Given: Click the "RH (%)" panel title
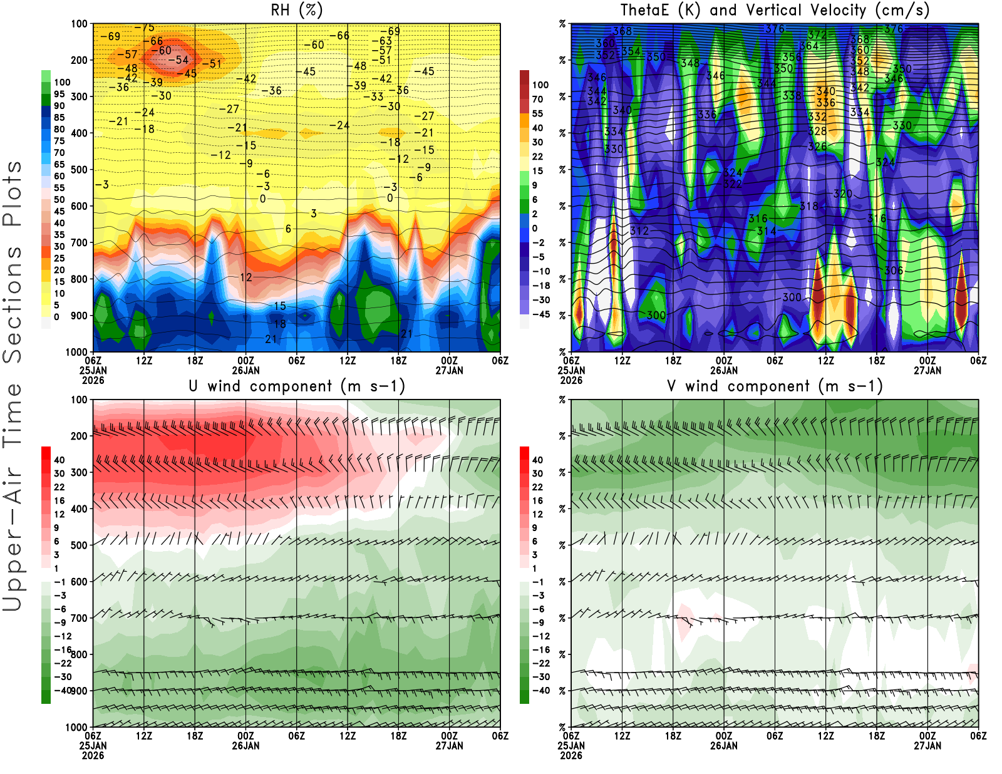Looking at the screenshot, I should coord(297,10).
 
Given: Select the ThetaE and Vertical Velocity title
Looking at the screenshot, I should coord(775,10).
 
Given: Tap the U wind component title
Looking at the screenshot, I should coord(297,386).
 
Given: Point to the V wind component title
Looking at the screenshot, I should coord(775,386).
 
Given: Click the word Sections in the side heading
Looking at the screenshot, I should coord(13,304).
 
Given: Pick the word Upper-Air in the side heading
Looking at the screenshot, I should coord(13,539).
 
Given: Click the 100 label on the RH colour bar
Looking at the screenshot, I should coord(62,82).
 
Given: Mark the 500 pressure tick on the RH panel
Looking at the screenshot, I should coord(79,169).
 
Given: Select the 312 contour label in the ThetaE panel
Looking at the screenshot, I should coord(639,230).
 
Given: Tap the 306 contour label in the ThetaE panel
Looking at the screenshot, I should coord(894,271).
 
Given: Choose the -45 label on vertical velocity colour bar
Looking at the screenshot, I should coord(541,314).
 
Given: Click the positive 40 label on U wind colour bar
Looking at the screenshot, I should coord(59,460).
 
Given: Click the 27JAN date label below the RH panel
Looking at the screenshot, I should coord(449,370).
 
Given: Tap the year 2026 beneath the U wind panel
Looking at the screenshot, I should coord(93,755).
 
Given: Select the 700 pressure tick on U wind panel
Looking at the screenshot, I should coord(79,618).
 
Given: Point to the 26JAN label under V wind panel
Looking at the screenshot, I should coord(724,746).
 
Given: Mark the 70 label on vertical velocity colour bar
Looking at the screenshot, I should coord(537,99).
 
